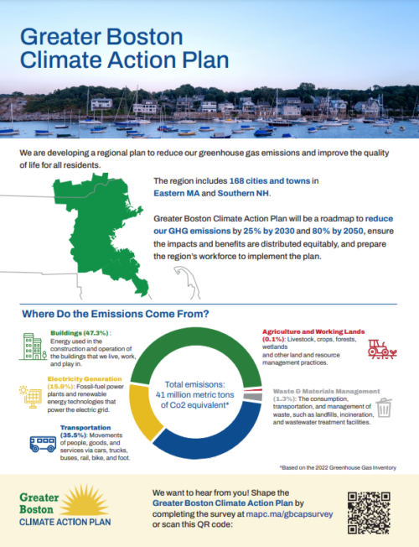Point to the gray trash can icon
tap(384, 408)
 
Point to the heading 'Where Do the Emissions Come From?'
tap(116, 314)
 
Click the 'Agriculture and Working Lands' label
tap(309, 331)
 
